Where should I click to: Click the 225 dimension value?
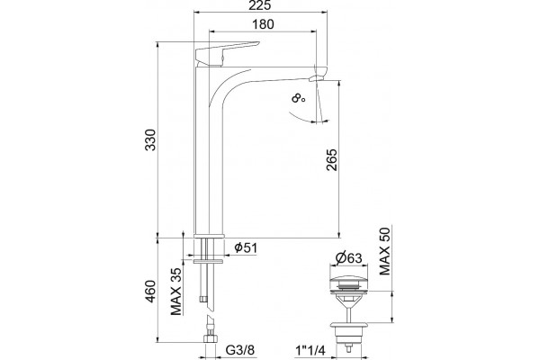pyautogui.click(x=261, y=5)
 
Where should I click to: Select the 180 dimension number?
pyautogui.click(x=263, y=24)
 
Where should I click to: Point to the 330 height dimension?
pyautogui.click(x=150, y=139)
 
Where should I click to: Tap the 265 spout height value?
pyautogui.click(x=332, y=159)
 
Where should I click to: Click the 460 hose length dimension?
pyautogui.click(x=150, y=292)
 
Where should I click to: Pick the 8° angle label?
pyautogui.click(x=298, y=99)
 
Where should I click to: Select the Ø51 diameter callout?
pyautogui.click(x=246, y=247)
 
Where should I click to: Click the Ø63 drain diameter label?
pyautogui.click(x=348, y=257)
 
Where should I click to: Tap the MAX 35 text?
pyautogui.click(x=176, y=292)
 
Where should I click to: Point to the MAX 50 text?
pyautogui.click(x=385, y=251)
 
